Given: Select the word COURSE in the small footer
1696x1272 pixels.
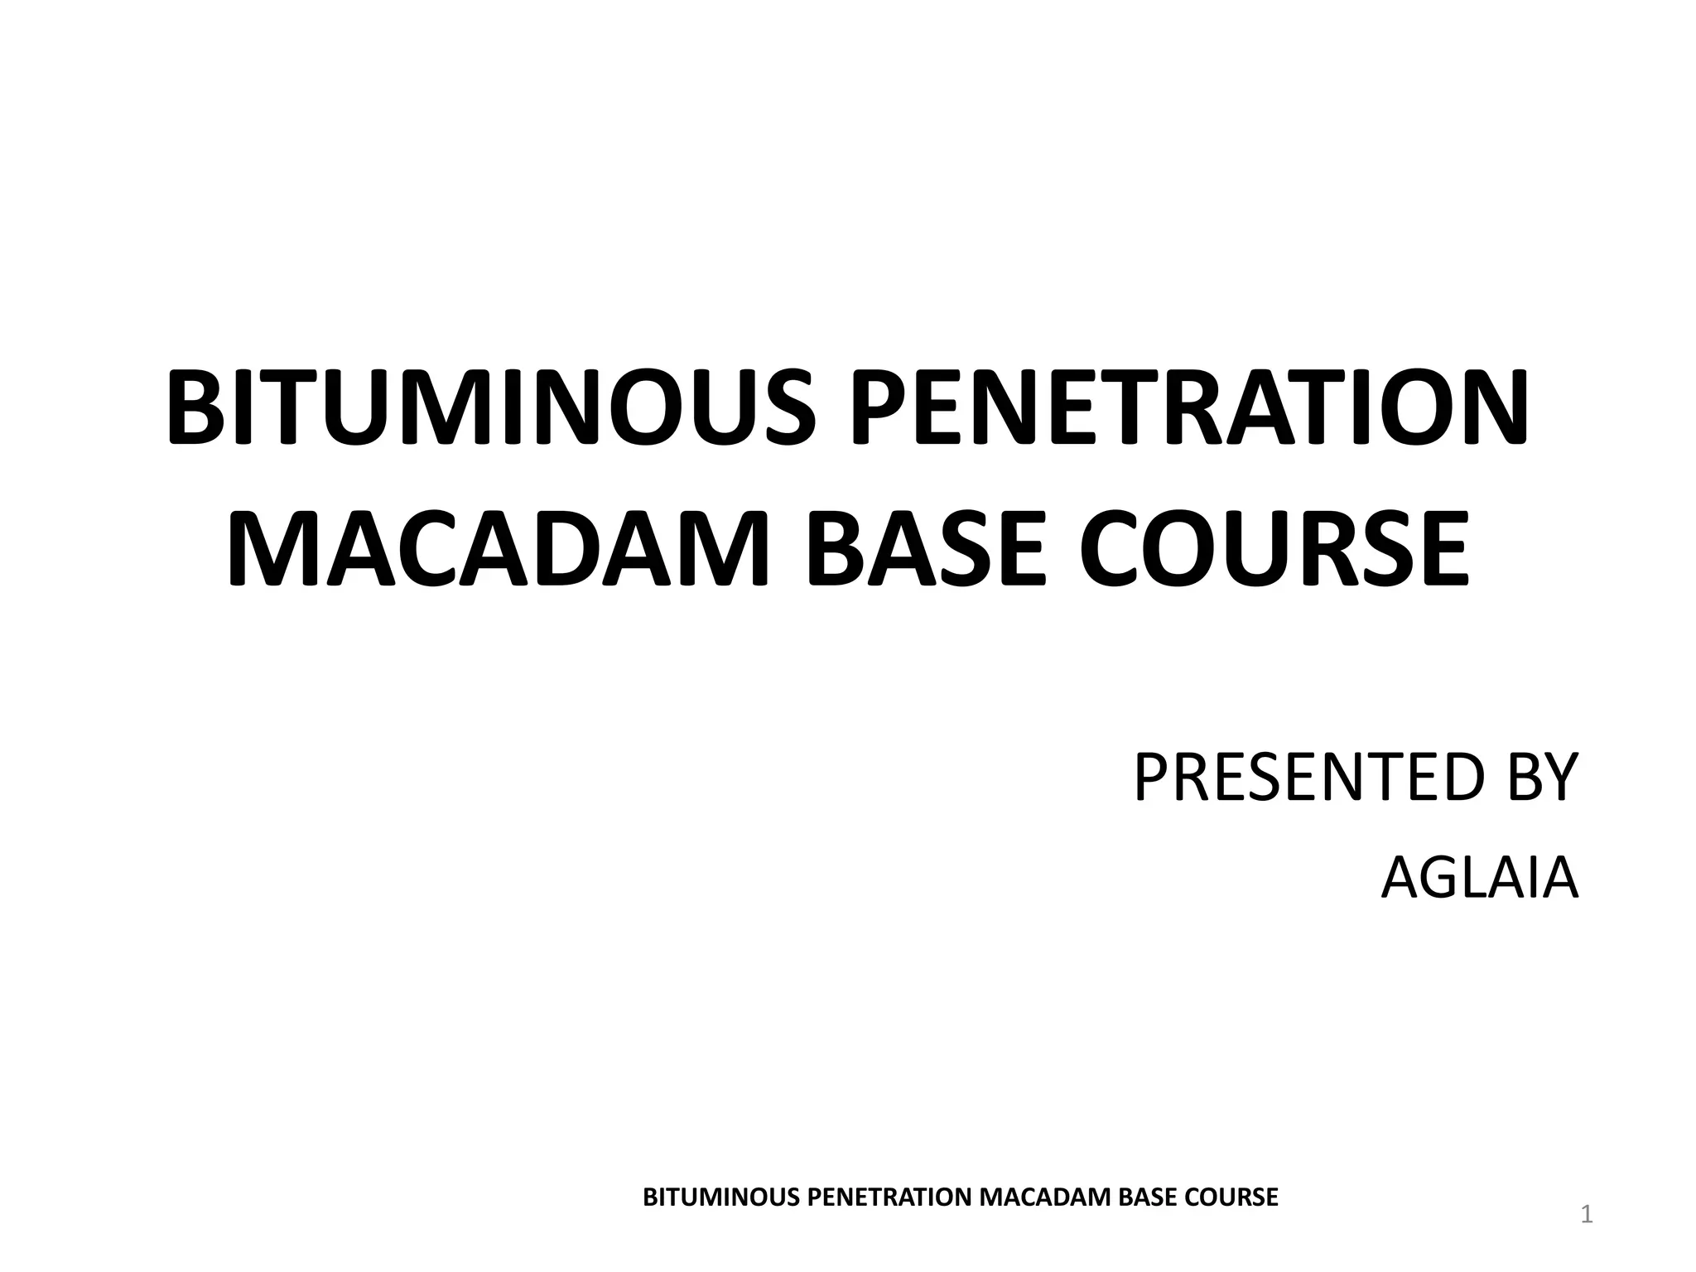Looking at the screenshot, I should (1229, 1197).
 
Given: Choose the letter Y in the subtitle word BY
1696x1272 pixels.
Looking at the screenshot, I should (1560, 778).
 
